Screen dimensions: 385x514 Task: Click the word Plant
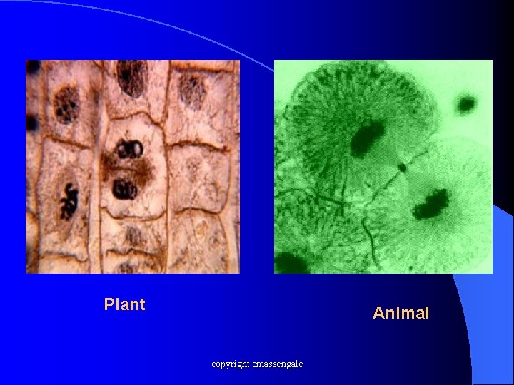pyautogui.click(x=124, y=304)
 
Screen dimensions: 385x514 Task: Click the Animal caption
pyautogui.click(x=400, y=313)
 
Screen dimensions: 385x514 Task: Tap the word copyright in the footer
pyautogui.click(x=230, y=364)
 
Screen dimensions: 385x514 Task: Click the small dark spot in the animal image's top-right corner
pyautogui.click(x=466, y=105)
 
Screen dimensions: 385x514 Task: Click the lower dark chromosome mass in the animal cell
pyautogui.click(x=430, y=202)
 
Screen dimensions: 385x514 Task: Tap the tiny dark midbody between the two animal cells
pyautogui.click(x=403, y=168)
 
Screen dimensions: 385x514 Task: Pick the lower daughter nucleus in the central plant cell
pyautogui.click(x=125, y=189)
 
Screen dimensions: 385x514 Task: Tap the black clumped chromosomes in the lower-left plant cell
pyautogui.click(x=69, y=199)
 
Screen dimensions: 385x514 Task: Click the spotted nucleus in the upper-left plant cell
pyautogui.click(x=66, y=105)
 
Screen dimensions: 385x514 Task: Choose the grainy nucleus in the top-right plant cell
pyautogui.click(x=192, y=91)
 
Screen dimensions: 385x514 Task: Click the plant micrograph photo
pyautogui.click(x=133, y=167)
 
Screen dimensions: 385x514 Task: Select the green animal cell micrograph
pyautogui.click(x=383, y=167)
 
